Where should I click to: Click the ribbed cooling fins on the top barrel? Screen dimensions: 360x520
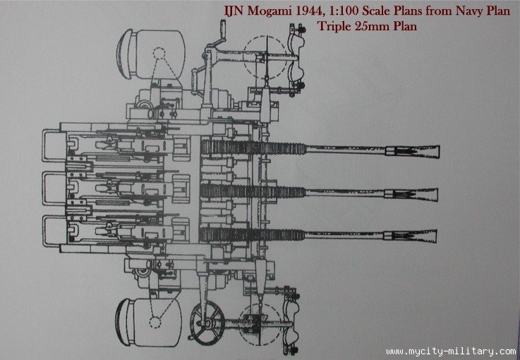[x=226, y=148]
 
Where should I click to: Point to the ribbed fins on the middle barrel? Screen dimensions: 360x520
[x=226, y=191]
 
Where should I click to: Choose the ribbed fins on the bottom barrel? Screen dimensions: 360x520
[x=226, y=234]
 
